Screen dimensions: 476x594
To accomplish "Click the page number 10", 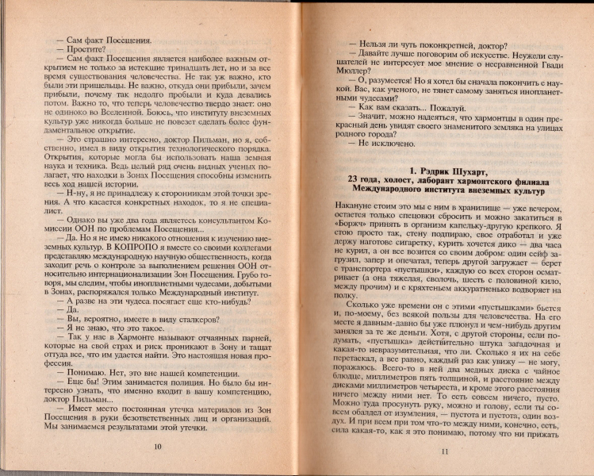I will click(157, 447).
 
